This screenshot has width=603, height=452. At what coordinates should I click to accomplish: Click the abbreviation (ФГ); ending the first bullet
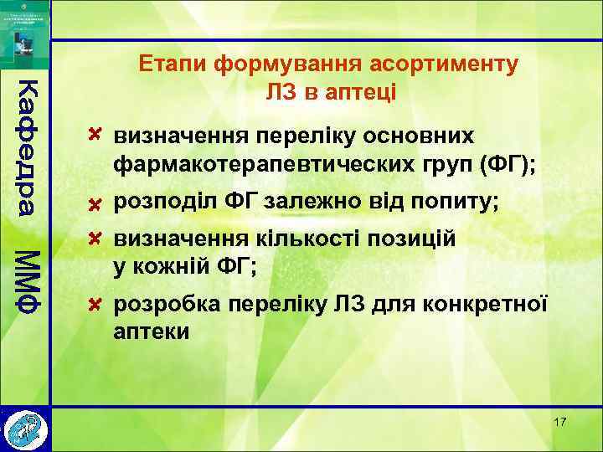(x=508, y=163)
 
